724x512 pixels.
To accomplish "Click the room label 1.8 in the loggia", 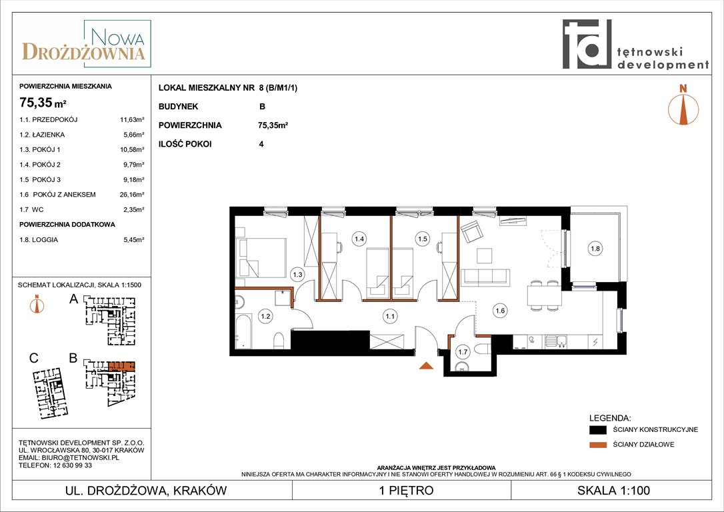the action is tap(595, 249).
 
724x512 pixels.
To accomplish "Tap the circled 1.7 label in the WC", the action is tap(463, 352).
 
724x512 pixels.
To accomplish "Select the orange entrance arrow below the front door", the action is tap(426, 366).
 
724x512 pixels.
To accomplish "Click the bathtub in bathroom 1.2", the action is tap(243, 331).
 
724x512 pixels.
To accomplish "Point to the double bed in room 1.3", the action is tap(261, 257).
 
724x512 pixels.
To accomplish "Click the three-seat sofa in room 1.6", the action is tap(485, 277).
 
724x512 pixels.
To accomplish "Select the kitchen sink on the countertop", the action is tap(556, 341).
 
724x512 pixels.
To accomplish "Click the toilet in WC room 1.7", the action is tap(483, 350).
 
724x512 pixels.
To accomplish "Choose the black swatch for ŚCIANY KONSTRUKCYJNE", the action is tap(598, 430).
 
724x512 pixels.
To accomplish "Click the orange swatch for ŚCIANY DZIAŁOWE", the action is tap(598, 445).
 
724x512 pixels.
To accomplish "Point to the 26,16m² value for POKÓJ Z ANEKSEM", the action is tap(132, 195).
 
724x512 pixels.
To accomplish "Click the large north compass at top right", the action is tap(683, 105).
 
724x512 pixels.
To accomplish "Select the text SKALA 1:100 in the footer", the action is tap(613, 490).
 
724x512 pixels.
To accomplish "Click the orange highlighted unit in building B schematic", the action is tap(121, 367).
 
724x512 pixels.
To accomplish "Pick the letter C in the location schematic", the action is tap(34, 359).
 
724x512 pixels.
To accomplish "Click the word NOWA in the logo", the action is tap(117, 37).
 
